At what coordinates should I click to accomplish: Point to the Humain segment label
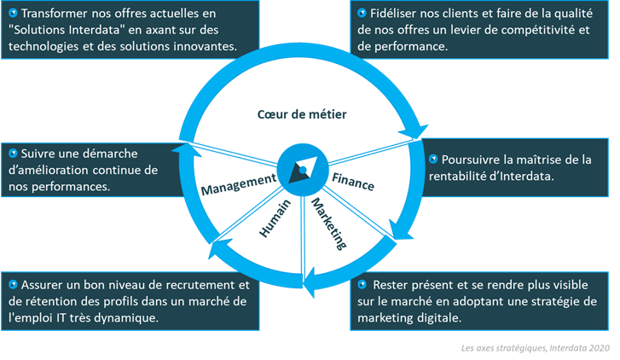[273, 221]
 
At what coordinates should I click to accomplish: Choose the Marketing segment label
[328, 224]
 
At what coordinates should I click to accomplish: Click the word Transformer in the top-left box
[55, 15]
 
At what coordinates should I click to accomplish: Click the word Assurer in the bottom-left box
[48, 284]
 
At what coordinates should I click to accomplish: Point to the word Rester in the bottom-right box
[392, 284]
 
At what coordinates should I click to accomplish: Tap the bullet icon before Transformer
[13, 15]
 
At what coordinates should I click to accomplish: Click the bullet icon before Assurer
[13, 284]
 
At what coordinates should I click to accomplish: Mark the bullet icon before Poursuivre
[435, 160]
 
